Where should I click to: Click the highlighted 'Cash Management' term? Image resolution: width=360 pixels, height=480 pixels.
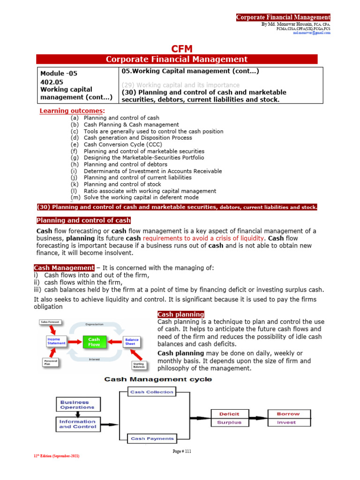[64, 268]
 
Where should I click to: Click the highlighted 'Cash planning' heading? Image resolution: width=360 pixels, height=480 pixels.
[180, 314]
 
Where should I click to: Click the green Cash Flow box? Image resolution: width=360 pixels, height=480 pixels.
[94, 342]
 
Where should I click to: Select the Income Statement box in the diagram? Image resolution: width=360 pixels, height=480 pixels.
[56, 341]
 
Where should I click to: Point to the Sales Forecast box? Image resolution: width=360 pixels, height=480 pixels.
[52, 322]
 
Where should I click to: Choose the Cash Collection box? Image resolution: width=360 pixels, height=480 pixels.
[151, 392]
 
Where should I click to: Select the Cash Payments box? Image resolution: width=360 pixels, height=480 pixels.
[151, 439]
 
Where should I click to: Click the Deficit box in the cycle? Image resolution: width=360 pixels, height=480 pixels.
[229, 414]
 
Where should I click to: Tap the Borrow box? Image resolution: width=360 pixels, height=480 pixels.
[288, 414]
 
